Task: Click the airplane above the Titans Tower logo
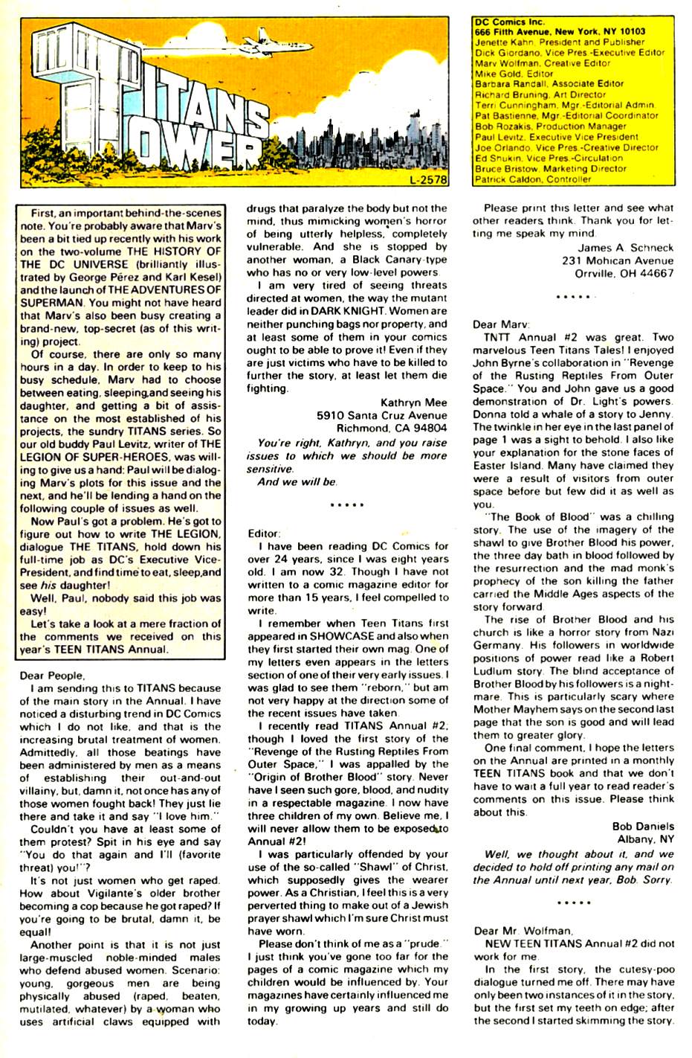pos(232,37)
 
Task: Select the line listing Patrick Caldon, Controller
pos(532,179)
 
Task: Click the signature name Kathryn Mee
pos(414,403)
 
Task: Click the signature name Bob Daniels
pos(643,825)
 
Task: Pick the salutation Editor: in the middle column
pos(264,533)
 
